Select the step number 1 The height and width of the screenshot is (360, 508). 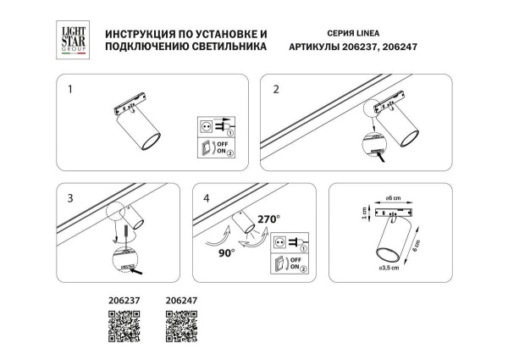tap(70, 88)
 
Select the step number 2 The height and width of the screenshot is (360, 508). tap(276, 88)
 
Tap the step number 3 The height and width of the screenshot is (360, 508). tap(70, 199)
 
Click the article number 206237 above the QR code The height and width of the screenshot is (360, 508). tap(125, 299)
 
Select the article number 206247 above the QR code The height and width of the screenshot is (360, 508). tap(180, 299)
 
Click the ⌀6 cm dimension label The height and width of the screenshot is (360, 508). tap(391, 197)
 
